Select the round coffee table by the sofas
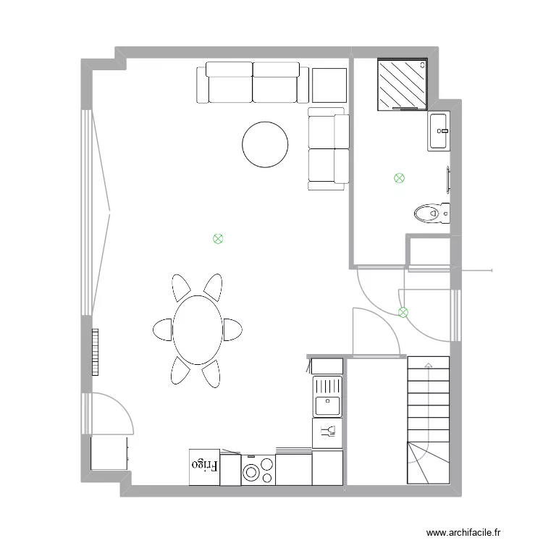[x=265, y=144]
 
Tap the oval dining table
[x=196, y=330]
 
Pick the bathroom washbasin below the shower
[x=439, y=131]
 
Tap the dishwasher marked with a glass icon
[x=327, y=433]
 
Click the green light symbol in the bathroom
[x=398, y=177]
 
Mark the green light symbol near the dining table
[x=217, y=238]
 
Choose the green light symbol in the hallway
[x=403, y=312]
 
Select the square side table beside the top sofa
[x=329, y=84]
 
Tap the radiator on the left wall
[x=95, y=353]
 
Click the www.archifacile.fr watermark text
[x=463, y=532]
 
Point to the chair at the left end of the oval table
[x=162, y=329]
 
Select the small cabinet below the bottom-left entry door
[x=109, y=453]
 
